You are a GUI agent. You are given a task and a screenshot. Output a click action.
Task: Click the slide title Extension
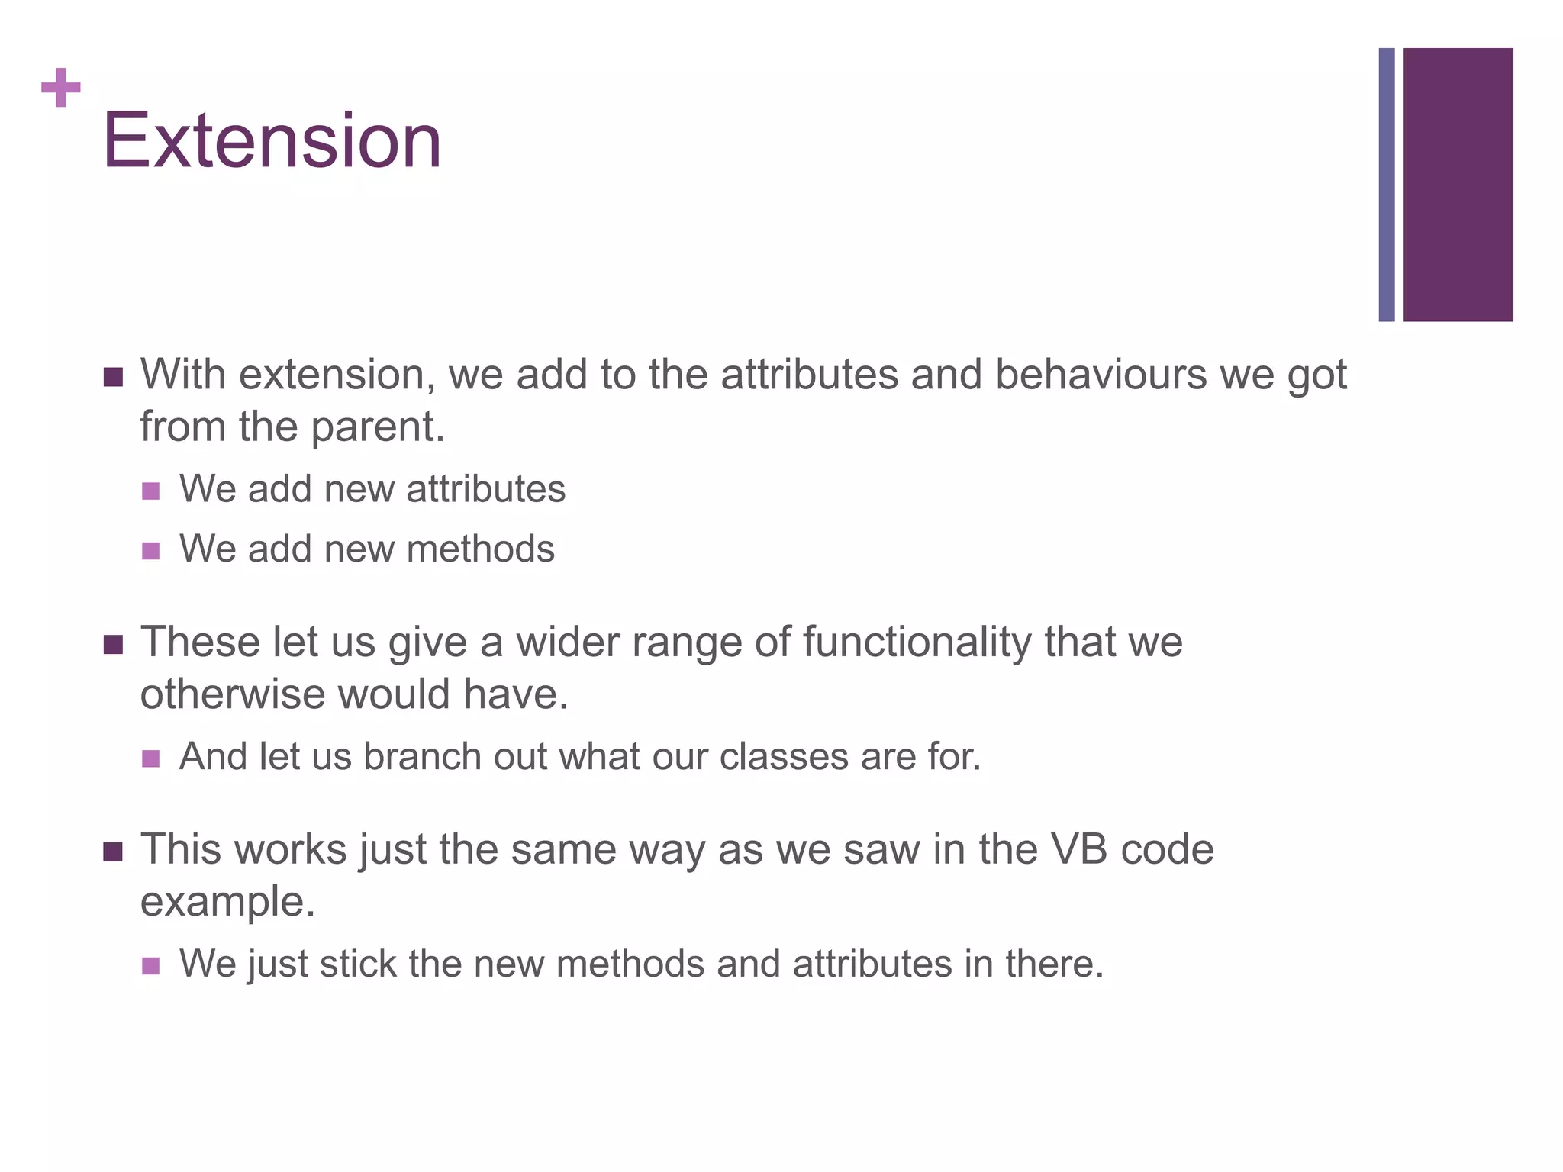[x=272, y=141]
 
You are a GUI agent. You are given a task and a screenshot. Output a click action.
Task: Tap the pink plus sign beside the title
[x=61, y=88]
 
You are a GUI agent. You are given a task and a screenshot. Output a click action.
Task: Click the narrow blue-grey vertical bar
[x=1386, y=185]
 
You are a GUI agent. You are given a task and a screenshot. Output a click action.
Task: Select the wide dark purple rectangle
[x=1458, y=185]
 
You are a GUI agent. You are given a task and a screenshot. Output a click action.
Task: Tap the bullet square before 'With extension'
[x=113, y=377]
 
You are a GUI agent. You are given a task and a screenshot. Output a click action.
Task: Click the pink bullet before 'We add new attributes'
[x=151, y=491]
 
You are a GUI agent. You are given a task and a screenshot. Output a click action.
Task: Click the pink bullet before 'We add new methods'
[x=151, y=551]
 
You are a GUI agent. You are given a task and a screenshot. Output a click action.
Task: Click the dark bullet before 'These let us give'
[x=113, y=645]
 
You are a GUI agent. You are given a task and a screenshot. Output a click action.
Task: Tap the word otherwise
[x=232, y=695]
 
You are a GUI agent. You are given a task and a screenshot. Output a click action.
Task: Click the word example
[x=227, y=902]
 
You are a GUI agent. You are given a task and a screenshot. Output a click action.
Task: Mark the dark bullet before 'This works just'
[x=113, y=852]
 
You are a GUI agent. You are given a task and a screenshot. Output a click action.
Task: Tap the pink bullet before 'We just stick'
[x=151, y=966]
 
